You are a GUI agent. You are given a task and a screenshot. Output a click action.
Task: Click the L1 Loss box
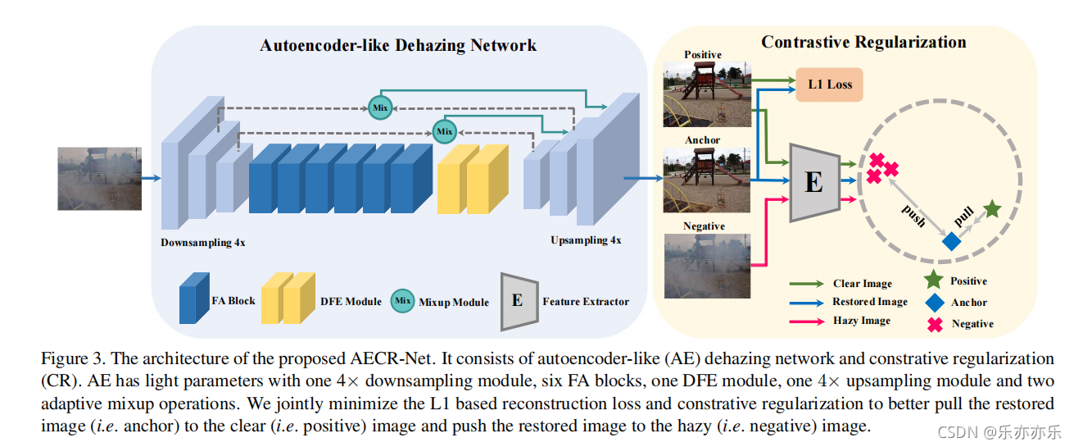[x=829, y=84]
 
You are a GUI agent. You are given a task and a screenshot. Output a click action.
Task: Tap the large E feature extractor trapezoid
[x=814, y=182]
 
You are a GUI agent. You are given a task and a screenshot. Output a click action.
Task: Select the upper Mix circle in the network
[x=380, y=107]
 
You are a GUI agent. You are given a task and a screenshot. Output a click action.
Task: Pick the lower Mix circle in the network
[x=445, y=131]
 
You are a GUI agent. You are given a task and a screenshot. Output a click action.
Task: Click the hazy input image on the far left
[x=99, y=179]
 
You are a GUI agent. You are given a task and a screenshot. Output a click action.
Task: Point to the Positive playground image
[x=707, y=94]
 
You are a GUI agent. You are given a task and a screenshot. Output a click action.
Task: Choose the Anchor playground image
[x=707, y=180]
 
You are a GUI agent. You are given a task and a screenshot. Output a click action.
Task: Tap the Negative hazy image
[x=707, y=266]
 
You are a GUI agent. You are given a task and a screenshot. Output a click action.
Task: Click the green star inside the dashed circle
[x=992, y=209]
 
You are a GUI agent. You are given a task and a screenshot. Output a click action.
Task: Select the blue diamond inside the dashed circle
[x=951, y=241]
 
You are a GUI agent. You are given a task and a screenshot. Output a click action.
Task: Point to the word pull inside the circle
[x=963, y=217]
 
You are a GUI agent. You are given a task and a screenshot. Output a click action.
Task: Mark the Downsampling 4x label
[x=203, y=243]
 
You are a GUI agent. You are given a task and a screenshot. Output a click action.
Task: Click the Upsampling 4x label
[x=586, y=240]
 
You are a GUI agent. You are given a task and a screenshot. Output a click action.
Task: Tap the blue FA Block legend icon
[x=194, y=299]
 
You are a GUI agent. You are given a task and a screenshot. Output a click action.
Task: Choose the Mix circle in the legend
[x=402, y=301]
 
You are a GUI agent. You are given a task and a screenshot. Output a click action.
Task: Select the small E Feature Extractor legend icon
[x=519, y=302]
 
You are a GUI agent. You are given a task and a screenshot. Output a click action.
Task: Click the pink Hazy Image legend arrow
[x=807, y=322]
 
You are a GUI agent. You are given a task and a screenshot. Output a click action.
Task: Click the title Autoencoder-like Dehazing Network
[x=398, y=45]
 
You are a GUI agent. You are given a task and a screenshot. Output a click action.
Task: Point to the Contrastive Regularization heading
[x=863, y=43]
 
